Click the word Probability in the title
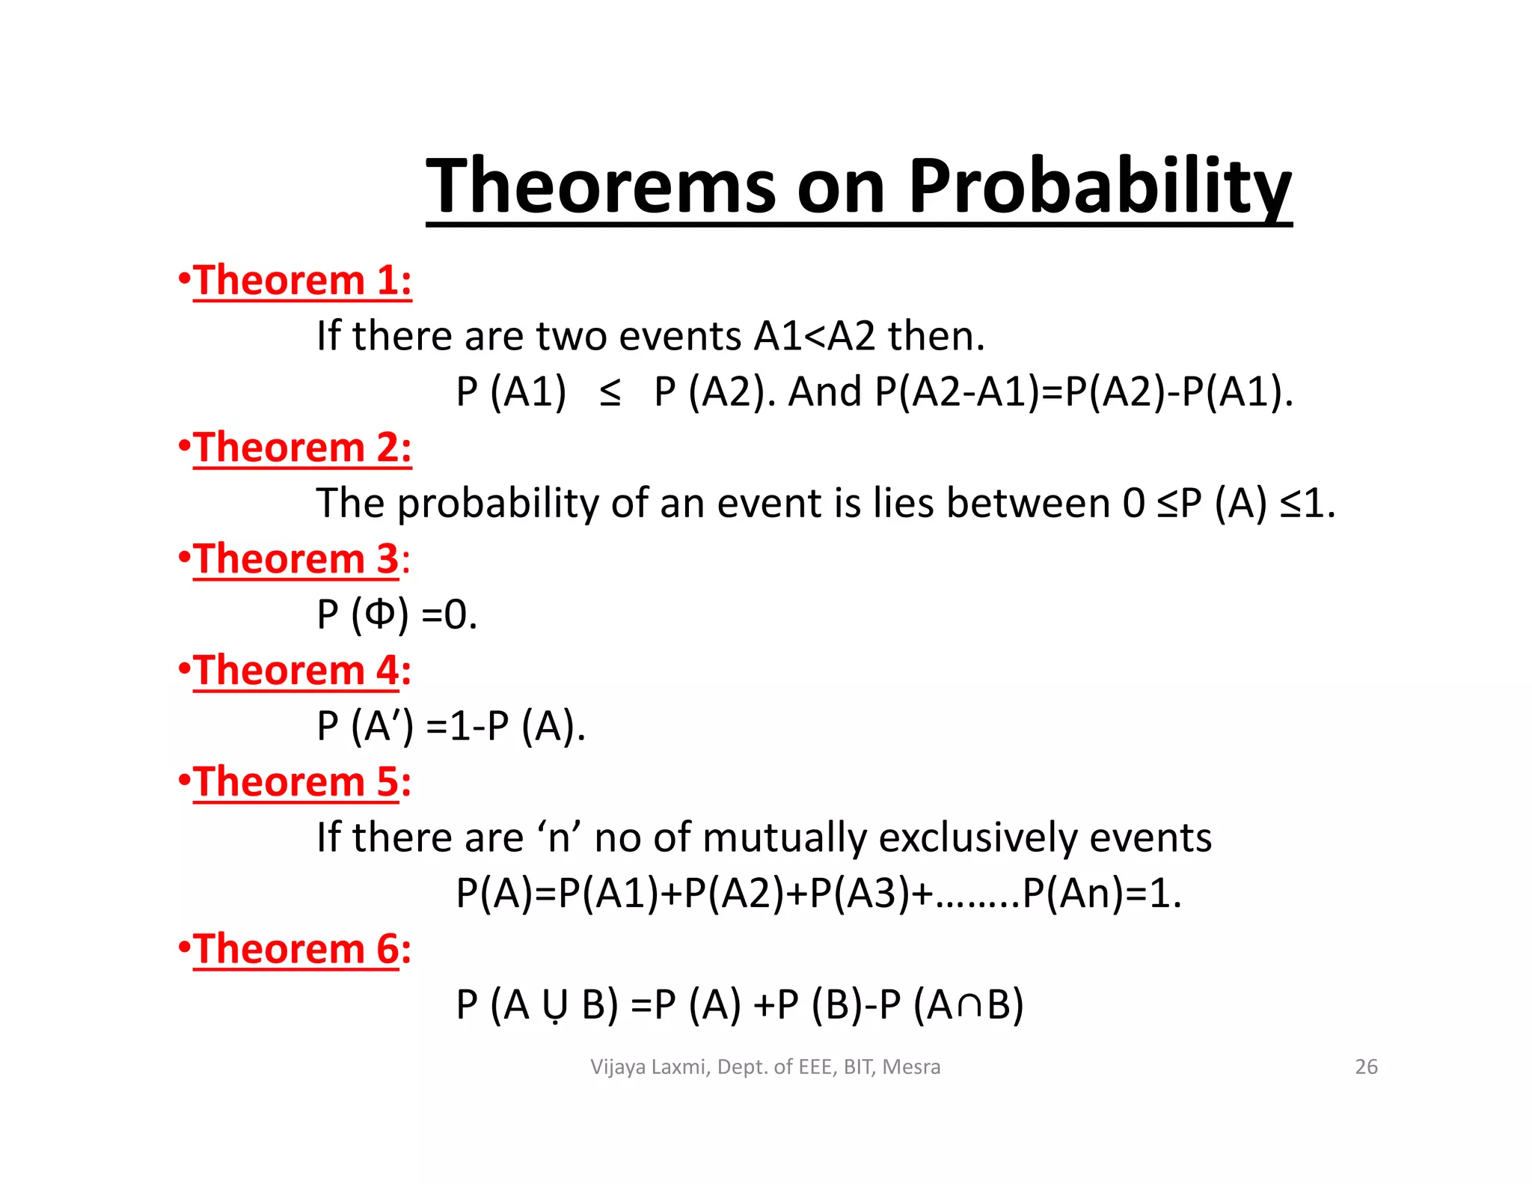point(1099,187)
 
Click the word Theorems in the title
point(603,187)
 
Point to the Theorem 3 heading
point(296,559)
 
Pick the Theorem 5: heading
point(302,782)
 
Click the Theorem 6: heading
point(302,949)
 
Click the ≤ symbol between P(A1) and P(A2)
point(610,393)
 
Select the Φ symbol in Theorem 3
point(380,614)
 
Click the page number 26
point(1366,1066)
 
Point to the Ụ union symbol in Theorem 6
point(555,1005)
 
